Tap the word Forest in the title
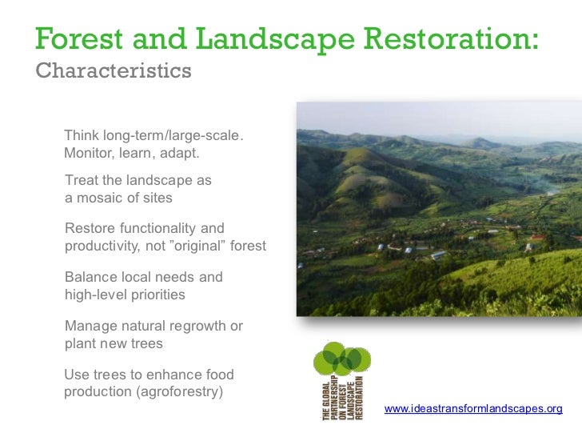click(x=78, y=38)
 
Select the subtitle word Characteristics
click(x=114, y=70)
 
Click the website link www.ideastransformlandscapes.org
click(x=473, y=409)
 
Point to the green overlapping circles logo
click(x=342, y=359)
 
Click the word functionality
click(x=157, y=228)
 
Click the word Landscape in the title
click(x=275, y=38)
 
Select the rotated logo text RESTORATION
click(x=359, y=398)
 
